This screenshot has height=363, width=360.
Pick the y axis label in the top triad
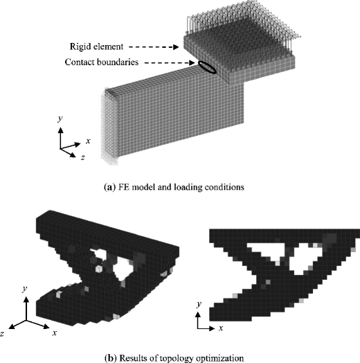pos(62,119)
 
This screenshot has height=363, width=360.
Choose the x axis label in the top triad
pos(88,141)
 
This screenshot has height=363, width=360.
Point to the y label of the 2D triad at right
pos(198,303)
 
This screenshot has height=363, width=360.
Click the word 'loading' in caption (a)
pos(199,185)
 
